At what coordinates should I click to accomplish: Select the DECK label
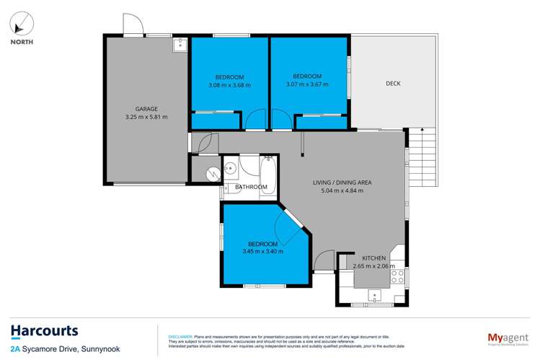pos(393,84)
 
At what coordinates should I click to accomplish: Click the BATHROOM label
pos(252,188)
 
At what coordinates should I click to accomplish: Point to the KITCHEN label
pos(373,258)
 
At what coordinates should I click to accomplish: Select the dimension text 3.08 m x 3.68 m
pos(229,85)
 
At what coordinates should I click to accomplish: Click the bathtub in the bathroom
pos(270,170)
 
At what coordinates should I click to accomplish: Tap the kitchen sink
pos(374,295)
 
